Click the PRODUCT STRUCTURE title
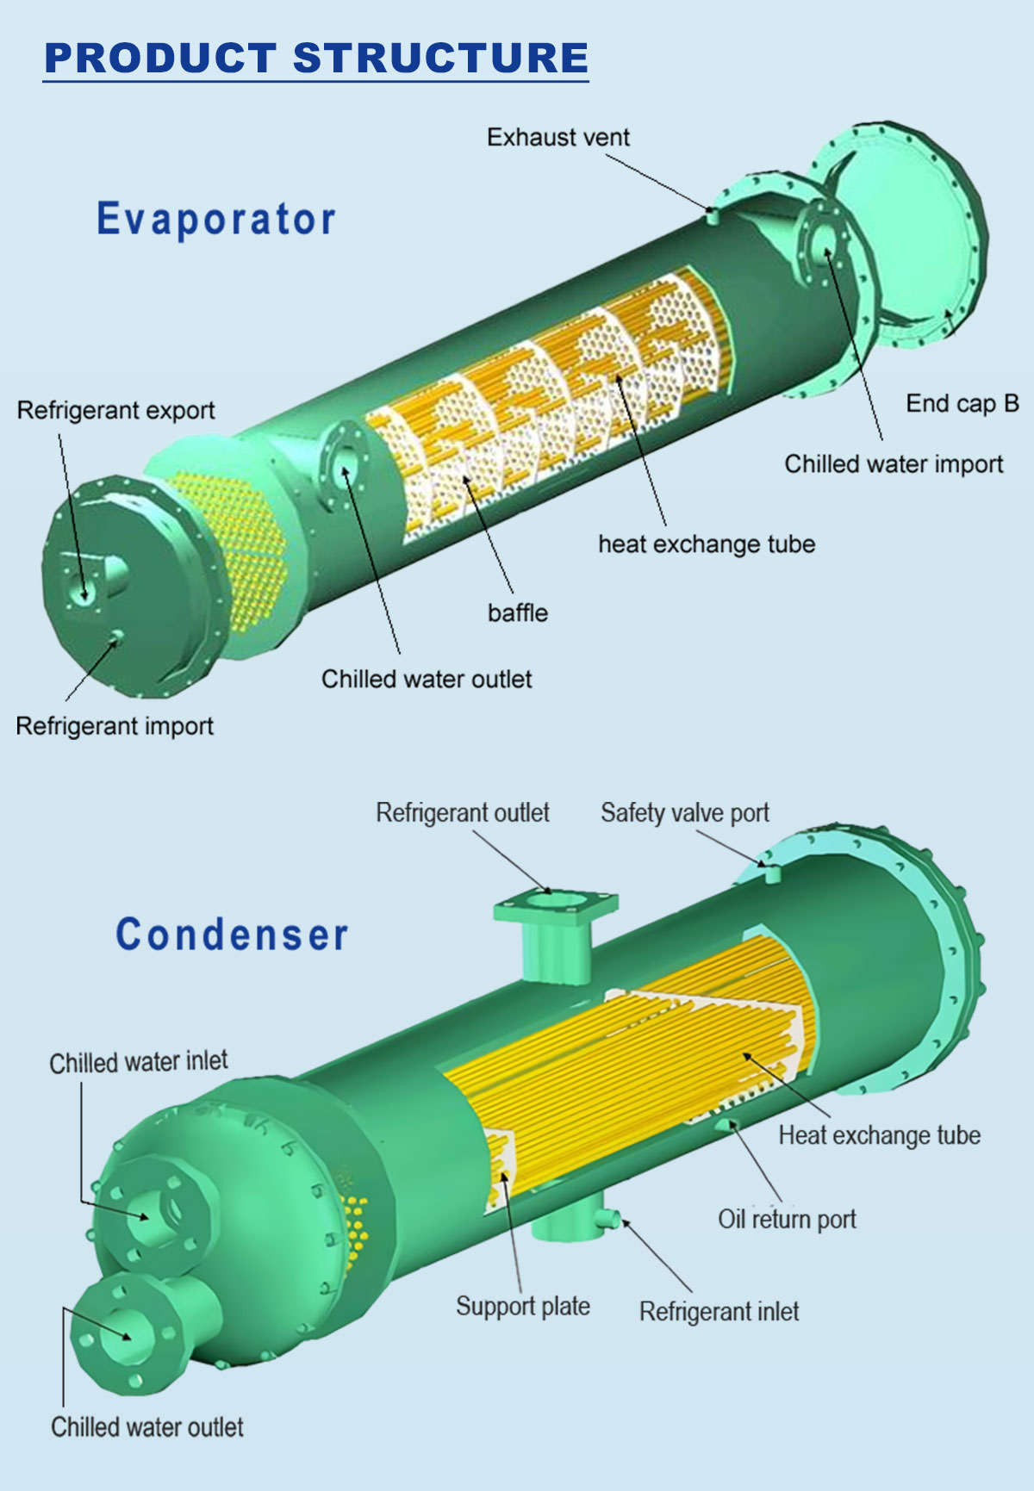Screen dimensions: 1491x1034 coord(316,58)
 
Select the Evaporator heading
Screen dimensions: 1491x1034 coord(216,219)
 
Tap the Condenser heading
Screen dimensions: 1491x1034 coord(232,935)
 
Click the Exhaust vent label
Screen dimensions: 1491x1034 coord(557,137)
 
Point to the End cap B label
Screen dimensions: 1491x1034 coord(962,403)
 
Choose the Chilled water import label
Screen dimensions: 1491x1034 coord(894,464)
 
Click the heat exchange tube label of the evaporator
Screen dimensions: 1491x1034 coord(707,544)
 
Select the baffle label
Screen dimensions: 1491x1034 coord(517,612)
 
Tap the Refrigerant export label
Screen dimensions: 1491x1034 coord(115,410)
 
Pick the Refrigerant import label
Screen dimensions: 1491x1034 coord(115,726)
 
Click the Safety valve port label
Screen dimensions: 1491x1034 coord(684,813)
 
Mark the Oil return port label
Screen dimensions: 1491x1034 coord(787,1219)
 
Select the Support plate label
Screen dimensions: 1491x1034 coord(522,1306)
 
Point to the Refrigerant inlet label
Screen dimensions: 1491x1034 coord(719,1311)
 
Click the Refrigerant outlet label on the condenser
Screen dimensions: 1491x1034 coord(462,813)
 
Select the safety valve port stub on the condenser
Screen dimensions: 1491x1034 coord(772,873)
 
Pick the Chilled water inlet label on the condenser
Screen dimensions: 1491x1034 coord(139,1062)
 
